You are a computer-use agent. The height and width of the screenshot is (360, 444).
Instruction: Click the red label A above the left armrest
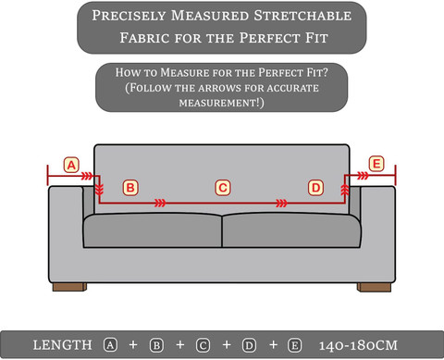[71, 165]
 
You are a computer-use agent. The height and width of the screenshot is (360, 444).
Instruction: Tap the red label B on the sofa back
[130, 188]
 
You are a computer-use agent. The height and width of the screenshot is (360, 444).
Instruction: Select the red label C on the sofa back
[223, 188]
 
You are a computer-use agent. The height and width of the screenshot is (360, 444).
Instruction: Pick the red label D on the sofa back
[315, 188]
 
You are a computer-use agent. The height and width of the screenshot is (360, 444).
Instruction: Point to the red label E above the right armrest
[376, 164]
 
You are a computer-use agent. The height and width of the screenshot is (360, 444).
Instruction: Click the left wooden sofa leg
[69, 287]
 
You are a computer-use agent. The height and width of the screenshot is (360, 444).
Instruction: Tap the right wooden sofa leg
[374, 287]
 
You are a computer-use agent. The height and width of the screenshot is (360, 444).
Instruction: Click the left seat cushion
[153, 230]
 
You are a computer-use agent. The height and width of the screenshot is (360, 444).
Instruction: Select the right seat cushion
[291, 230]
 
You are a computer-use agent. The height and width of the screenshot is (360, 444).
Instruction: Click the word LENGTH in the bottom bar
[63, 345]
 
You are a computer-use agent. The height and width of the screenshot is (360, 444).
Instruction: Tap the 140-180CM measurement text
[358, 345]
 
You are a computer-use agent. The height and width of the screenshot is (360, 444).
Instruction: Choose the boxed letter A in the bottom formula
[110, 345]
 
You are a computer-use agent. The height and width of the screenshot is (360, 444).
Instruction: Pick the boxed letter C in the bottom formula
[203, 345]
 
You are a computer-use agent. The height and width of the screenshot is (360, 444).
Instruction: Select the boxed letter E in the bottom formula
[294, 345]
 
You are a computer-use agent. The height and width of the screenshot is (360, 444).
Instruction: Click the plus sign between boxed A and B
[133, 344]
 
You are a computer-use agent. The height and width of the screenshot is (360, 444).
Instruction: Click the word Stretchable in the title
[302, 16]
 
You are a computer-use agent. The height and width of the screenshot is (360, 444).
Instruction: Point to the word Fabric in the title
[144, 38]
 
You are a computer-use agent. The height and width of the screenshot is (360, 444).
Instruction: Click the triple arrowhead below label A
[87, 176]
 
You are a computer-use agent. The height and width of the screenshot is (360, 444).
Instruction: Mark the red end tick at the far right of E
[395, 175]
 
